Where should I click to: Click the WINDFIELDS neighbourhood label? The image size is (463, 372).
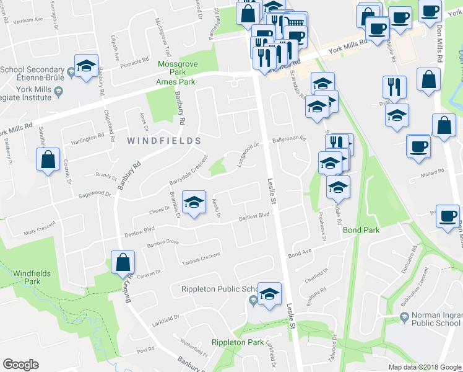pyautogui.click(x=160, y=141)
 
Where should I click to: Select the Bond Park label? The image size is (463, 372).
pyautogui.click(x=360, y=230)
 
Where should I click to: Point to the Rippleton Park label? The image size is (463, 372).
pyautogui.click(x=238, y=342)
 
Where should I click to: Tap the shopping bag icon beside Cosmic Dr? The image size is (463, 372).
pyautogui.click(x=48, y=161)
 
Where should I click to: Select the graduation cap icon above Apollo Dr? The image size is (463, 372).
pyautogui.click(x=195, y=202)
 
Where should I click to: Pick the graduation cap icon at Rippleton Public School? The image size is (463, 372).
pyautogui.click(x=269, y=294)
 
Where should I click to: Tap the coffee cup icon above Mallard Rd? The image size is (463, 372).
pyautogui.click(x=418, y=147)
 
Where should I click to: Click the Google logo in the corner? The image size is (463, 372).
pyautogui.click(x=21, y=365)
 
